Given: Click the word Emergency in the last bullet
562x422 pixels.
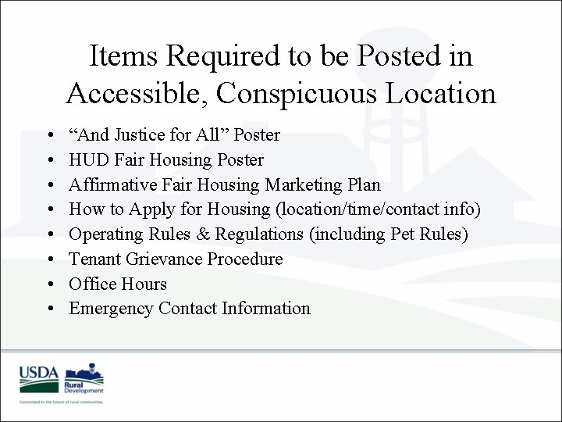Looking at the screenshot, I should point(111,309).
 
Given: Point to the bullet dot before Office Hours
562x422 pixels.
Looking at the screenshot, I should point(49,284).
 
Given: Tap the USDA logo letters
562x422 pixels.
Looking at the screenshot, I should point(39,373).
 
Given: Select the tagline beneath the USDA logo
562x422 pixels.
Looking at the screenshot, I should point(62,401).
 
